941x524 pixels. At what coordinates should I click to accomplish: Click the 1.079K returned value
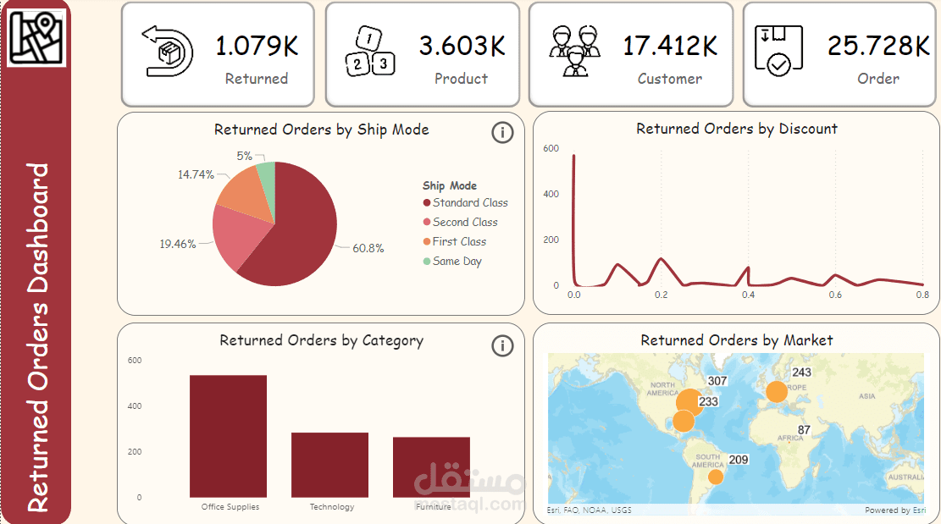click(257, 46)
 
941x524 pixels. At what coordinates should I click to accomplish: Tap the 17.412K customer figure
click(670, 46)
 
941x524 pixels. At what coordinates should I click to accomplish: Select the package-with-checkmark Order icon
click(778, 51)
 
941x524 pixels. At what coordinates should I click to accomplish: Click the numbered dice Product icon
click(370, 51)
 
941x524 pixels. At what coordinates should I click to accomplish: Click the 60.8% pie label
click(368, 249)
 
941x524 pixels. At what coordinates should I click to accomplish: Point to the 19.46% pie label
click(177, 244)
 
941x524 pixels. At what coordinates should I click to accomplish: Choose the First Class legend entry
click(458, 241)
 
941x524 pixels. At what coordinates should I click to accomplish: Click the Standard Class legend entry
click(469, 202)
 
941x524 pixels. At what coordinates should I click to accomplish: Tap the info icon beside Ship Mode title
click(502, 133)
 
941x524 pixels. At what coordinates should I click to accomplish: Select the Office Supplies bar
click(228, 436)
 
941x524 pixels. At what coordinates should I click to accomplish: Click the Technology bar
click(329, 465)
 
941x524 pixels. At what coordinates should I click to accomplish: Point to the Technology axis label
click(332, 507)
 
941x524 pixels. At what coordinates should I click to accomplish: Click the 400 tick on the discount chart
click(551, 194)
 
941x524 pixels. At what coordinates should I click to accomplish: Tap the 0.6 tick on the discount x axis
click(835, 295)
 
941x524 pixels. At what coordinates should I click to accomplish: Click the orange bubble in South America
click(716, 477)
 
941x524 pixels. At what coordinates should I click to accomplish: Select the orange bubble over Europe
click(776, 391)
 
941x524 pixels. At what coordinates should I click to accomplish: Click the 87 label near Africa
click(805, 430)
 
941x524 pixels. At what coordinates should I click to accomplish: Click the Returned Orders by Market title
click(736, 340)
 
